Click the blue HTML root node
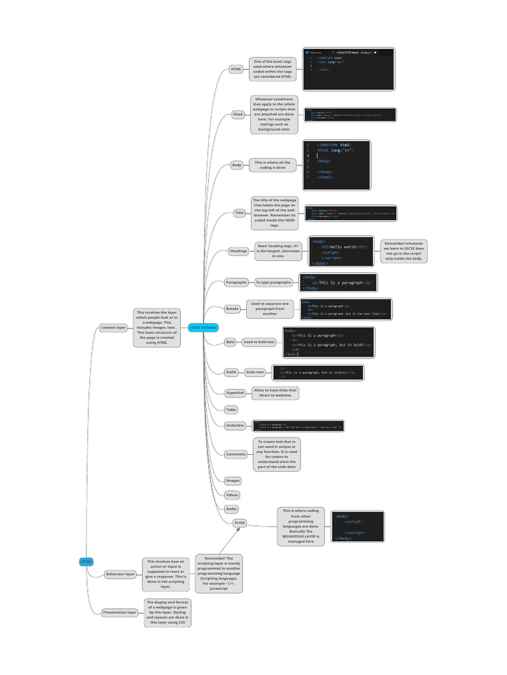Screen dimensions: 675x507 click(x=86, y=562)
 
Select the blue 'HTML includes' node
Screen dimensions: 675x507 click(x=203, y=328)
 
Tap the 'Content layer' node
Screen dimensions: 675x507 click(x=112, y=328)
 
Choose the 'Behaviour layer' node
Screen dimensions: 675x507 click(x=120, y=574)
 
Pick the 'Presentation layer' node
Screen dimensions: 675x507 click(x=119, y=612)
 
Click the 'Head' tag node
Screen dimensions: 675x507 click(x=238, y=115)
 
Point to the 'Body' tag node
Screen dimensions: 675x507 click(x=236, y=165)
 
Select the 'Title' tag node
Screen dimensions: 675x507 click(x=239, y=213)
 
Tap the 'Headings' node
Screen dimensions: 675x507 click(x=238, y=251)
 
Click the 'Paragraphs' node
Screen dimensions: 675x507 click(x=236, y=282)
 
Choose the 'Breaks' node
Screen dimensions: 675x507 click(x=232, y=308)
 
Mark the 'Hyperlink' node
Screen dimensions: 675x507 click(x=235, y=393)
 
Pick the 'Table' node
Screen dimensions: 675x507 click(x=231, y=409)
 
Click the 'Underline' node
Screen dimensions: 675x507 click(x=234, y=426)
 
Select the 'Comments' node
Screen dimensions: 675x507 click(x=235, y=454)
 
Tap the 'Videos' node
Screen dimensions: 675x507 click(x=232, y=494)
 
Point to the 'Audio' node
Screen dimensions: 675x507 click(x=232, y=509)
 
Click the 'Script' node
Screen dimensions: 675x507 click(x=240, y=523)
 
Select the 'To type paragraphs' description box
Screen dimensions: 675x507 click(x=273, y=282)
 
